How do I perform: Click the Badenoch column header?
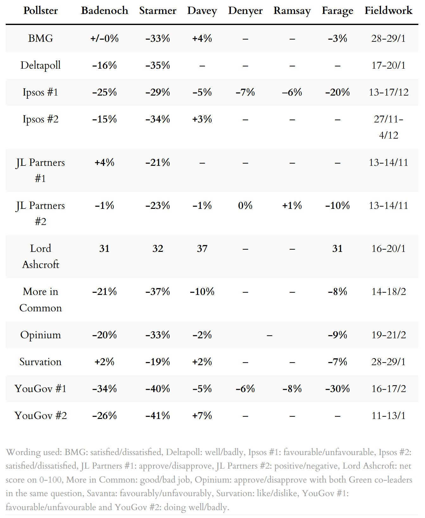point(105,10)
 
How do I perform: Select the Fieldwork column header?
point(388,10)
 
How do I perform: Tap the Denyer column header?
point(245,10)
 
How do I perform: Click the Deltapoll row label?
point(41,65)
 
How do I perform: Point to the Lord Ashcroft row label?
point(41,256)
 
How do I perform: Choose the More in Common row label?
point(41,299)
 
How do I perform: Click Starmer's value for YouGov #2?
point(158,415)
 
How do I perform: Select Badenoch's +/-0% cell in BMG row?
point(105,38)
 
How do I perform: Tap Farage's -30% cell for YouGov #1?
point(337,389)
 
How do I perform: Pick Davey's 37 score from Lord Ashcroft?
point(202,248)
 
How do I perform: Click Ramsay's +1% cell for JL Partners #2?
point(292,205)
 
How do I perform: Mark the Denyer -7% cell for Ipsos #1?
point(245,92)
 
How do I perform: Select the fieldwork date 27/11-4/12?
point(388,127)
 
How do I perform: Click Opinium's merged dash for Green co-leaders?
point(269,335)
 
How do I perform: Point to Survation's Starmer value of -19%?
point(158,362)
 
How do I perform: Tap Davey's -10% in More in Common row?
point(202,291)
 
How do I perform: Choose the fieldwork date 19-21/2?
point(388,335)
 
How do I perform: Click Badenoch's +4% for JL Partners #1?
point(105,162)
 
